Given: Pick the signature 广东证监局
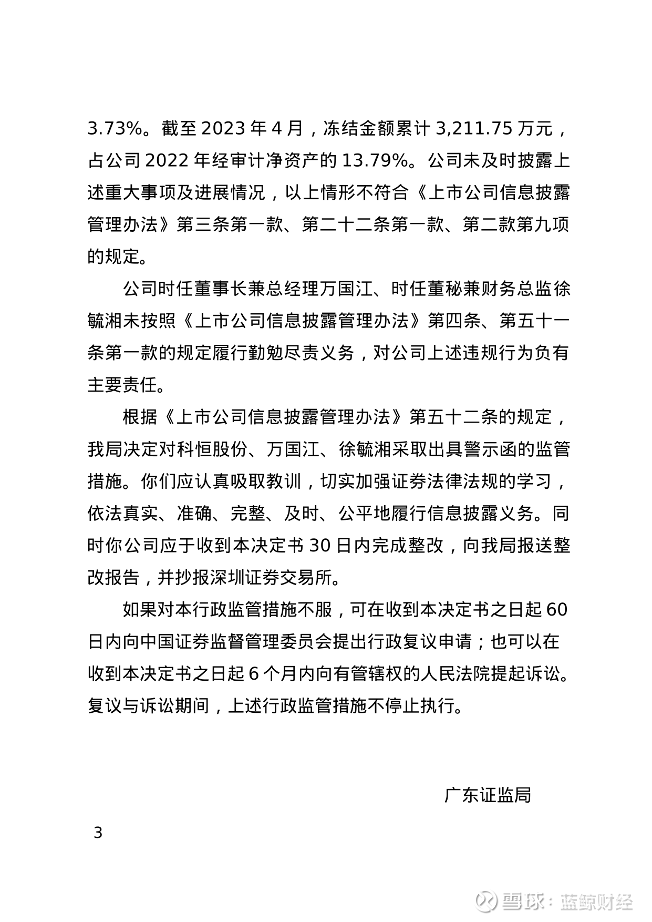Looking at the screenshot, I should click(488, 795).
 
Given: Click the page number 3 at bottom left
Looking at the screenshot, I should click(98, 833).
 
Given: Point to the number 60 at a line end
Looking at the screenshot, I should click(557, 610).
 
